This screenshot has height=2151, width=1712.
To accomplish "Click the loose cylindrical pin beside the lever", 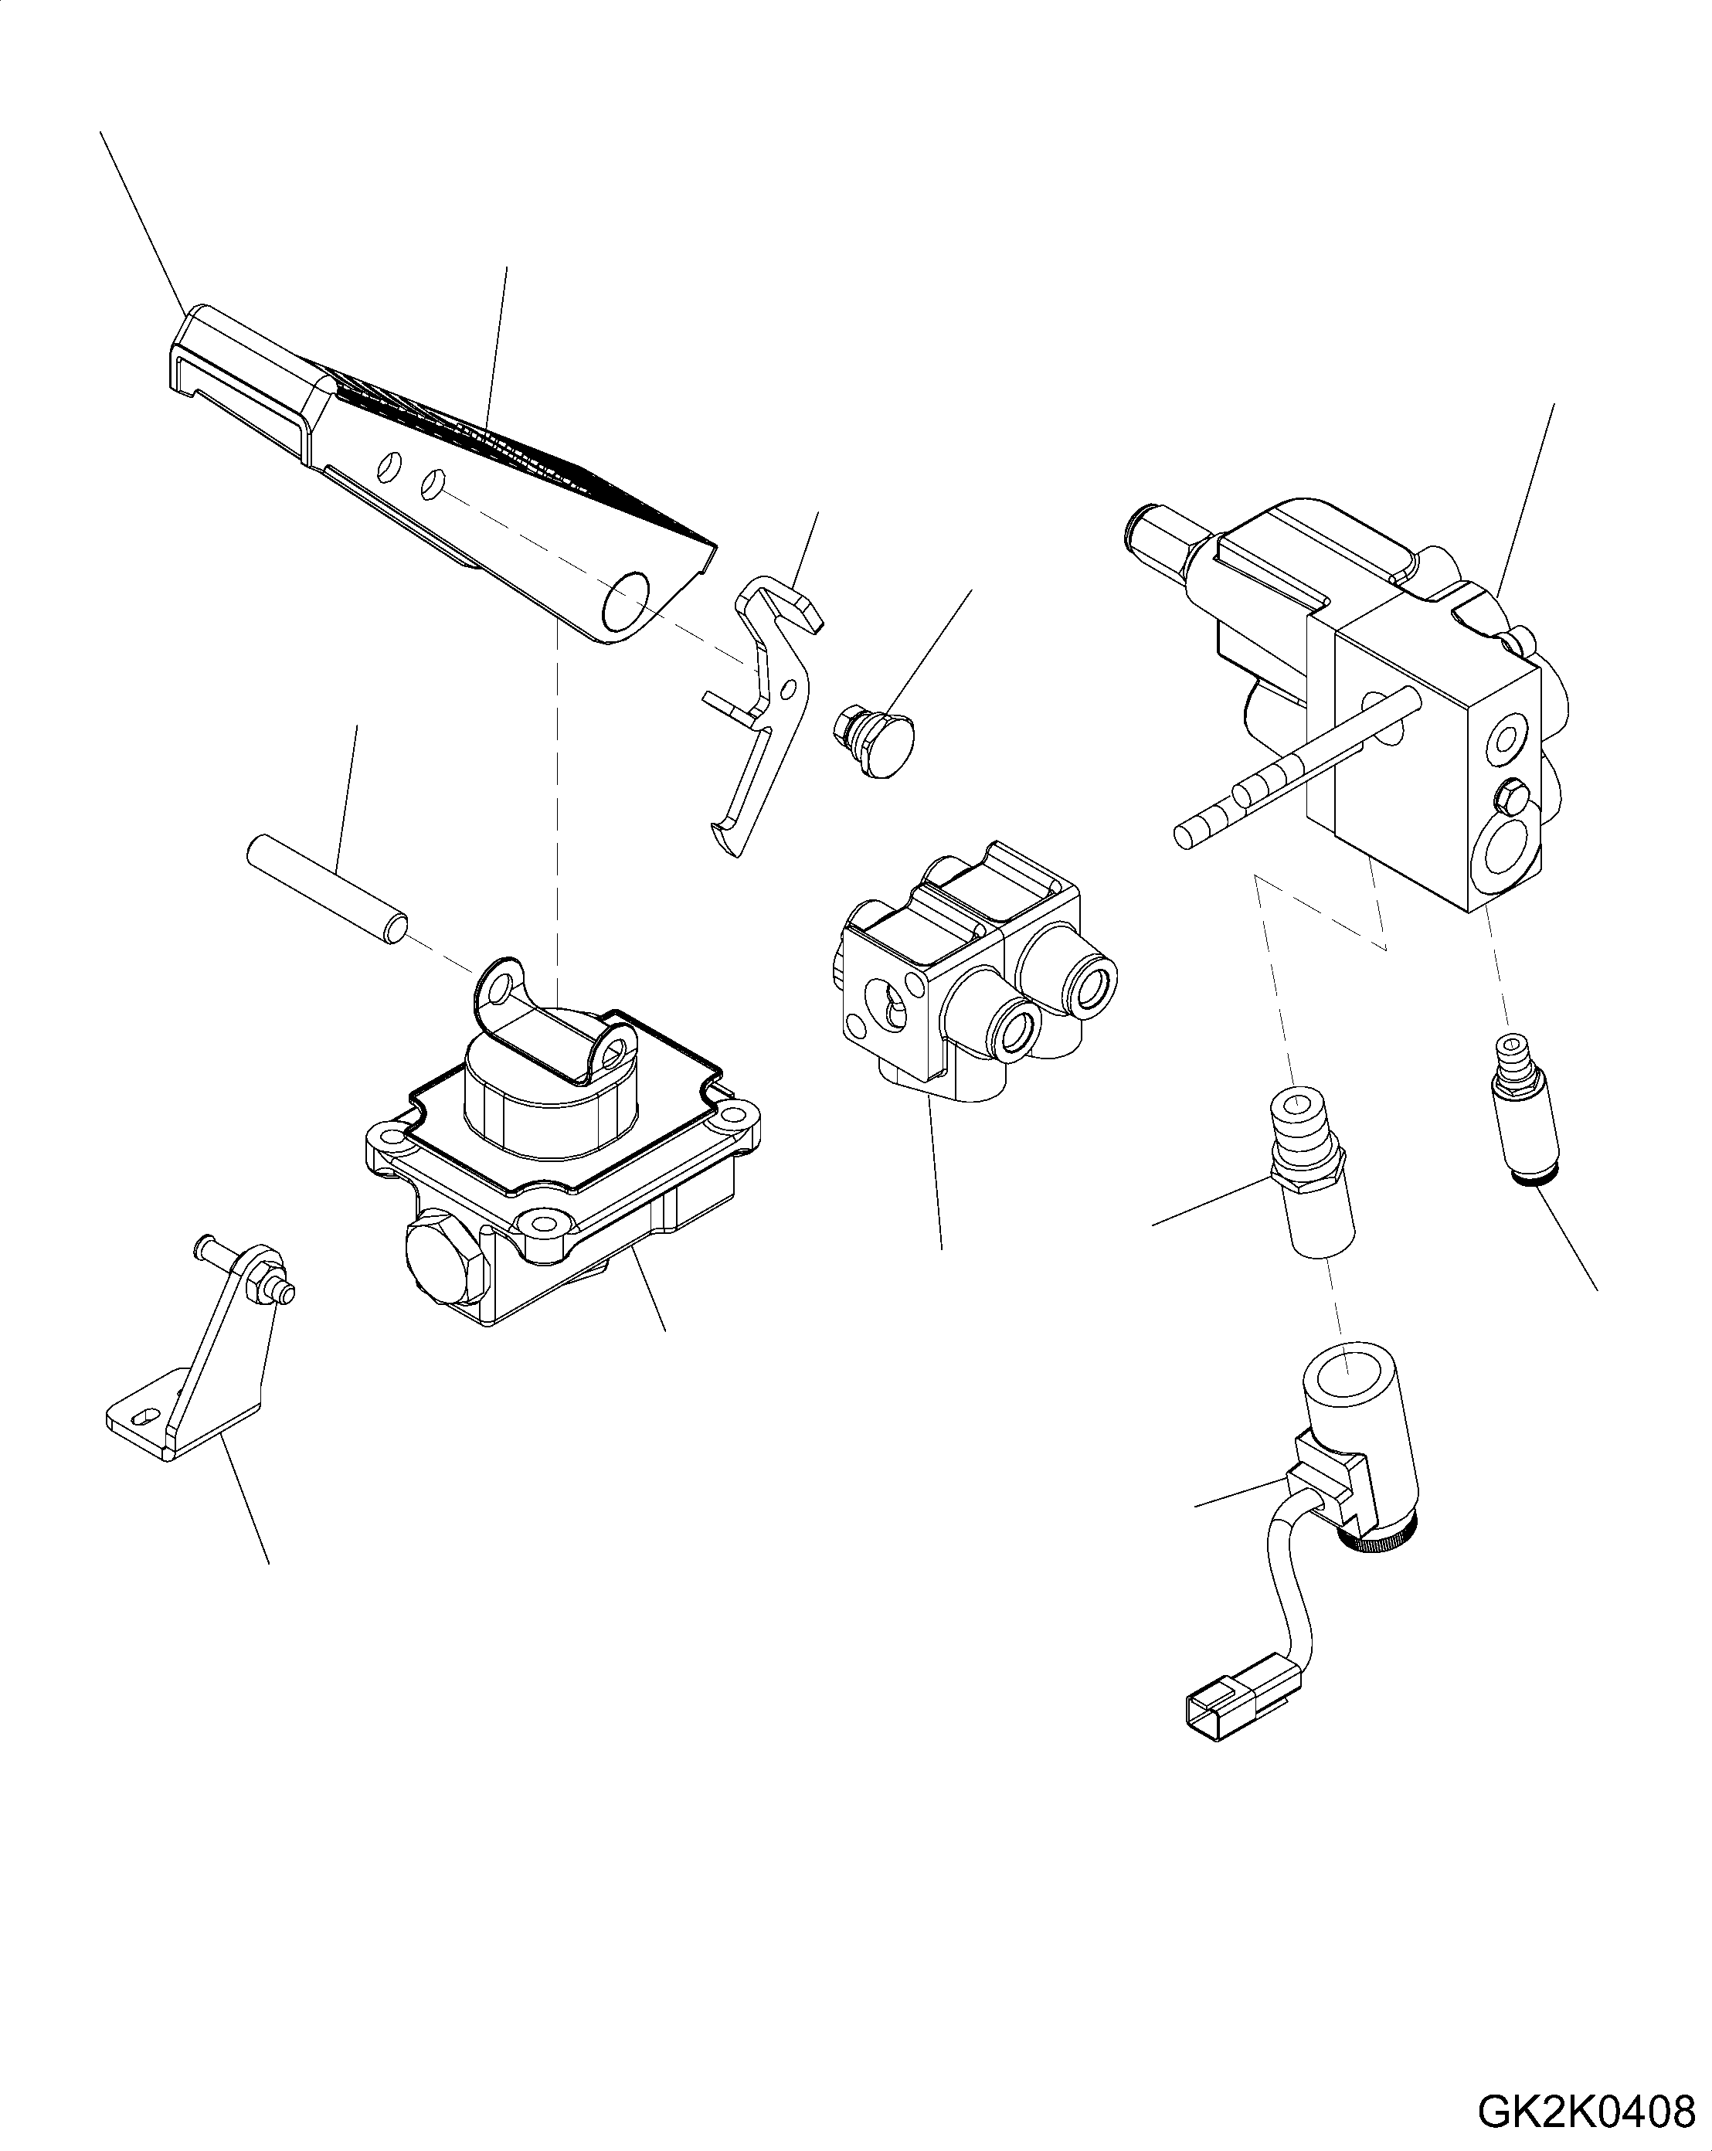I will [326, 889].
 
